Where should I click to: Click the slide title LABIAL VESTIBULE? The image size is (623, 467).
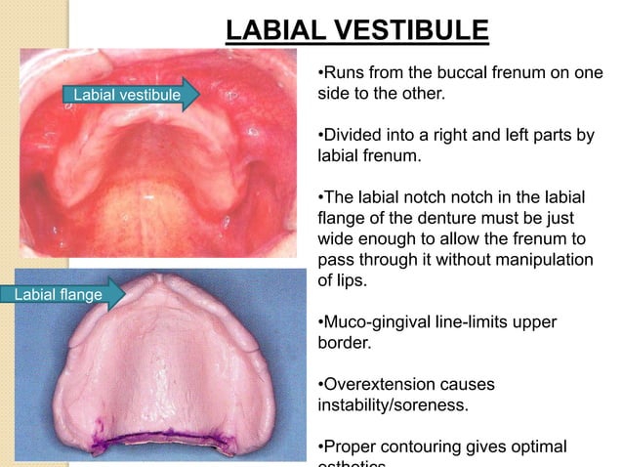point(356,30)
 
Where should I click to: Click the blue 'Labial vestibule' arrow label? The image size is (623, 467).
point(125,95)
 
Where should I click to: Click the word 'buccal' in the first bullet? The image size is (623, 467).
point(462,74)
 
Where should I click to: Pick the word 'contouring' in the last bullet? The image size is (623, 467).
point(423,447)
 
